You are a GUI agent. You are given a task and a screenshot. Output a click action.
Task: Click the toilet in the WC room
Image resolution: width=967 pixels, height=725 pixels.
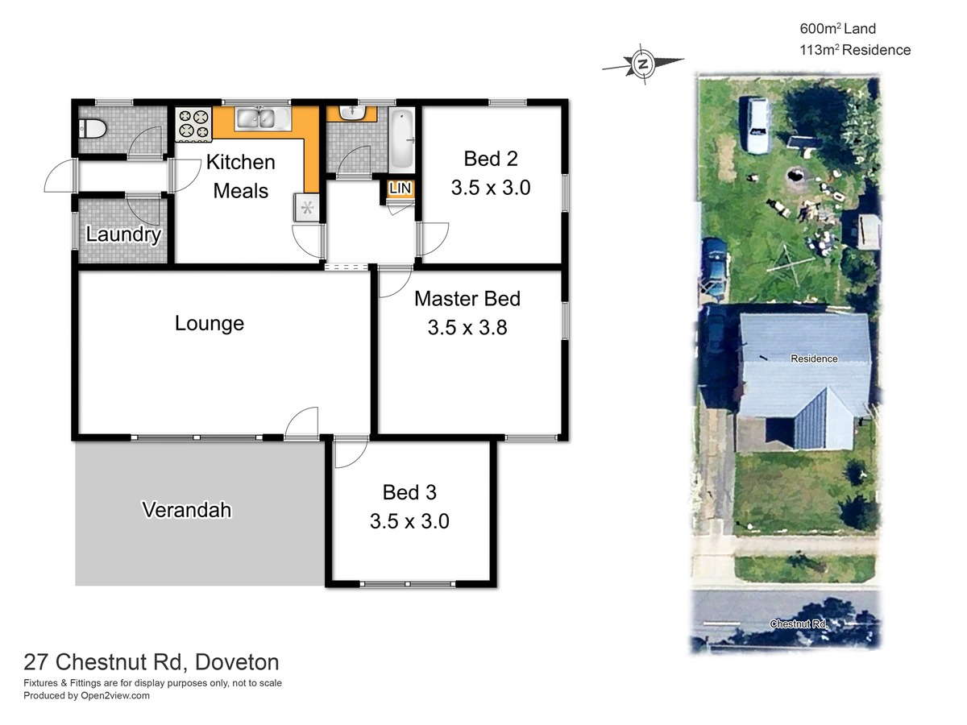93,129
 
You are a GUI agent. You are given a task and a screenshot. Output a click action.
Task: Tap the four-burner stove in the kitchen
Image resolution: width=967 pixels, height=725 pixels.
193,125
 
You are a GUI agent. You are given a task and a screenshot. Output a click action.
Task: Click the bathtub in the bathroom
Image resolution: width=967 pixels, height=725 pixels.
402,140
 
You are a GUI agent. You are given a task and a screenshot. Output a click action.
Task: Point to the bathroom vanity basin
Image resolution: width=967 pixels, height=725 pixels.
352,112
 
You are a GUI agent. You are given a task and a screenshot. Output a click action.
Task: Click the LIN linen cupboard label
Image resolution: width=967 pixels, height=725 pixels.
400,188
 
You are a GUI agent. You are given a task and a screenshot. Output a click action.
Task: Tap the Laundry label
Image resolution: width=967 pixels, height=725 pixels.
123,234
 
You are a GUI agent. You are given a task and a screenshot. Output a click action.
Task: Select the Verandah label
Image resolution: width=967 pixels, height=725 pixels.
187,510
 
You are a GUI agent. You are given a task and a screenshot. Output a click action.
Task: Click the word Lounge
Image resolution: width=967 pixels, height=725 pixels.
210,323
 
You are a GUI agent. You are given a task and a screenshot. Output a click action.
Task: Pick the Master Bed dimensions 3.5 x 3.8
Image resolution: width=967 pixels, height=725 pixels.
467,328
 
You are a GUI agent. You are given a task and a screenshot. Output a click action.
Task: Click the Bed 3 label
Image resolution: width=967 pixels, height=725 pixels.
409,492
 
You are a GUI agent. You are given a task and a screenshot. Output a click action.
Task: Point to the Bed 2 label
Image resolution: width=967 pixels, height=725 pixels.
491,159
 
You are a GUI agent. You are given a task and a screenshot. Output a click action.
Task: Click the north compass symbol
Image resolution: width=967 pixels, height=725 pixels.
643,64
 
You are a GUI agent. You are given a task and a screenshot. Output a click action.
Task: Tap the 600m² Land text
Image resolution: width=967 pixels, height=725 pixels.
837,29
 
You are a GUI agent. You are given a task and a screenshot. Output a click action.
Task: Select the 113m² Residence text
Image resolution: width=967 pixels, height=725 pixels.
855,50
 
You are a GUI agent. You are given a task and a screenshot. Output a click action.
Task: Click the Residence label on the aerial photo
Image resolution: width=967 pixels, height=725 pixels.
814,358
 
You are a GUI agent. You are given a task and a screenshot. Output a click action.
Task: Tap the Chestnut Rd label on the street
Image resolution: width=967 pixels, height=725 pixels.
799,623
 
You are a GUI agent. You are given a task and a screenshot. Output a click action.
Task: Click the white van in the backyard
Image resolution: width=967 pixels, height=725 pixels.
757,125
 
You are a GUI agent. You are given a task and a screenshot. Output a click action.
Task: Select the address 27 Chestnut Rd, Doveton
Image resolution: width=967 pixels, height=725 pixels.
151,662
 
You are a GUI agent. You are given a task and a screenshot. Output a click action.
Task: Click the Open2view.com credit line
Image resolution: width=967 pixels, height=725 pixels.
86,695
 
